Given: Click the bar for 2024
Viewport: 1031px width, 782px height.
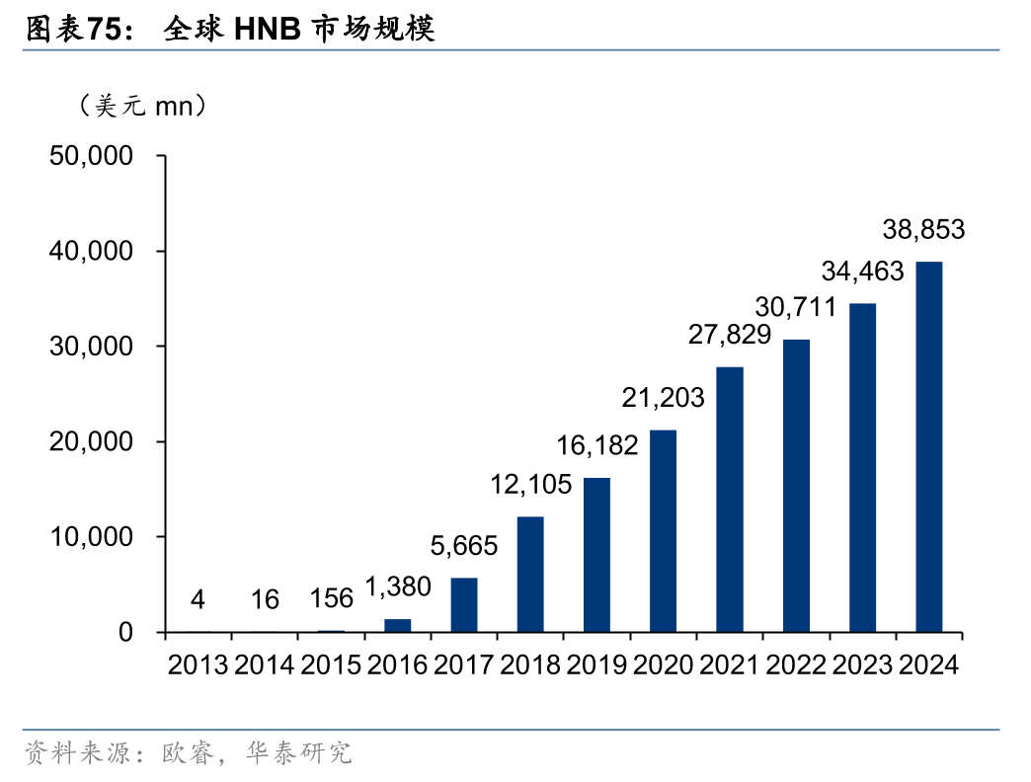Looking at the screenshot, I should (x=928, y=446).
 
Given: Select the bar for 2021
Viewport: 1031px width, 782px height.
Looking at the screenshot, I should (x=730, y=499).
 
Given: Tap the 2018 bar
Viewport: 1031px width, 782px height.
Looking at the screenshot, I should (x=530, y=574).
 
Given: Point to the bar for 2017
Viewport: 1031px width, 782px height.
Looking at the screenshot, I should (x=464, y=604).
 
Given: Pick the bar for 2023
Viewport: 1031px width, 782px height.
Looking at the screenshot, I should (x=862, y=467).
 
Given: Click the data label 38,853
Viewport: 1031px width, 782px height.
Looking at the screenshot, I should (x=923, y=231).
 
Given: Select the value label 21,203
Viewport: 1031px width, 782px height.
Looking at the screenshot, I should (x=663, y=398).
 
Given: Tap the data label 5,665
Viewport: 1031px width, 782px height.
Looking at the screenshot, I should (x=463, y=545).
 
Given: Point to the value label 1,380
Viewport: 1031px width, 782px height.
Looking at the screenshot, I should (x=398, y=586).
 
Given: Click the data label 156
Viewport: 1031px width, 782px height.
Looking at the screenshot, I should (x=331, y=599).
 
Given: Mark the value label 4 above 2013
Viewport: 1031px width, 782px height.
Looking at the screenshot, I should (x=198, y=599).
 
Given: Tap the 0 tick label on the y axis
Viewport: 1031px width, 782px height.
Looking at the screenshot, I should (x=125, y=632).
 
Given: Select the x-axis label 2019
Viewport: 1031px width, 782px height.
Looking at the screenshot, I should (x=596, y=665).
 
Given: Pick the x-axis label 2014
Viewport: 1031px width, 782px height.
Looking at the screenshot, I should (x=264, y=665).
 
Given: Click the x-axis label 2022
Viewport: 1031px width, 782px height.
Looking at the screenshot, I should (x=796, y=665).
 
